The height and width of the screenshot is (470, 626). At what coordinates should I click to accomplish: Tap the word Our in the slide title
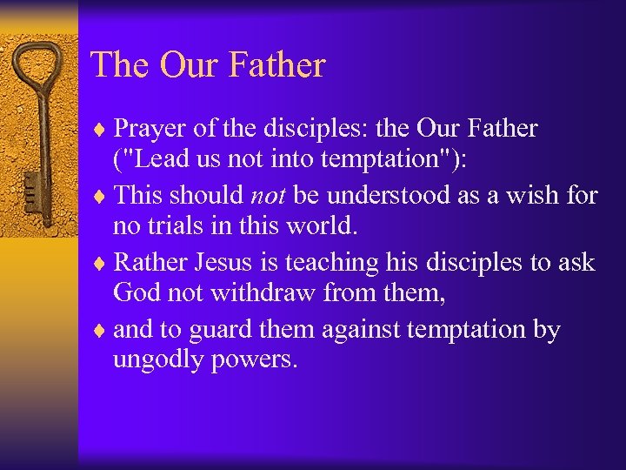coord(185,65)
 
